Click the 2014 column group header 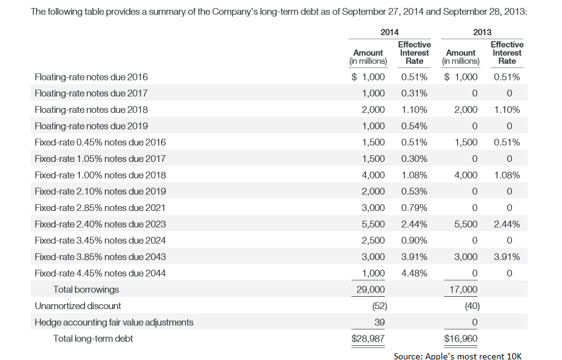click(389, 32)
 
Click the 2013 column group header click(482, 32)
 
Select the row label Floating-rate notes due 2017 click(91, 93)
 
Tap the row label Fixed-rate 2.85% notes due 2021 click(99, 208)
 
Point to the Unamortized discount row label click(78, 305)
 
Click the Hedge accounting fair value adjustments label click(114, 322)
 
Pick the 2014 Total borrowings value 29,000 click(371, 289)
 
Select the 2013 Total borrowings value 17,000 click(464, 289)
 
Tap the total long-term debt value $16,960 click(461, 339)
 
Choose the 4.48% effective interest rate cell click(414, 273)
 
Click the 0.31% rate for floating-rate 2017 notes click(414, 93)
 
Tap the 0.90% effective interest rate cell click(414, 240)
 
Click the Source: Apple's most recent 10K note click(458, 356)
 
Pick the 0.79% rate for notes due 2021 click(414, 208)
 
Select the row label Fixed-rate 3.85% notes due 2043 click(100, 257)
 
